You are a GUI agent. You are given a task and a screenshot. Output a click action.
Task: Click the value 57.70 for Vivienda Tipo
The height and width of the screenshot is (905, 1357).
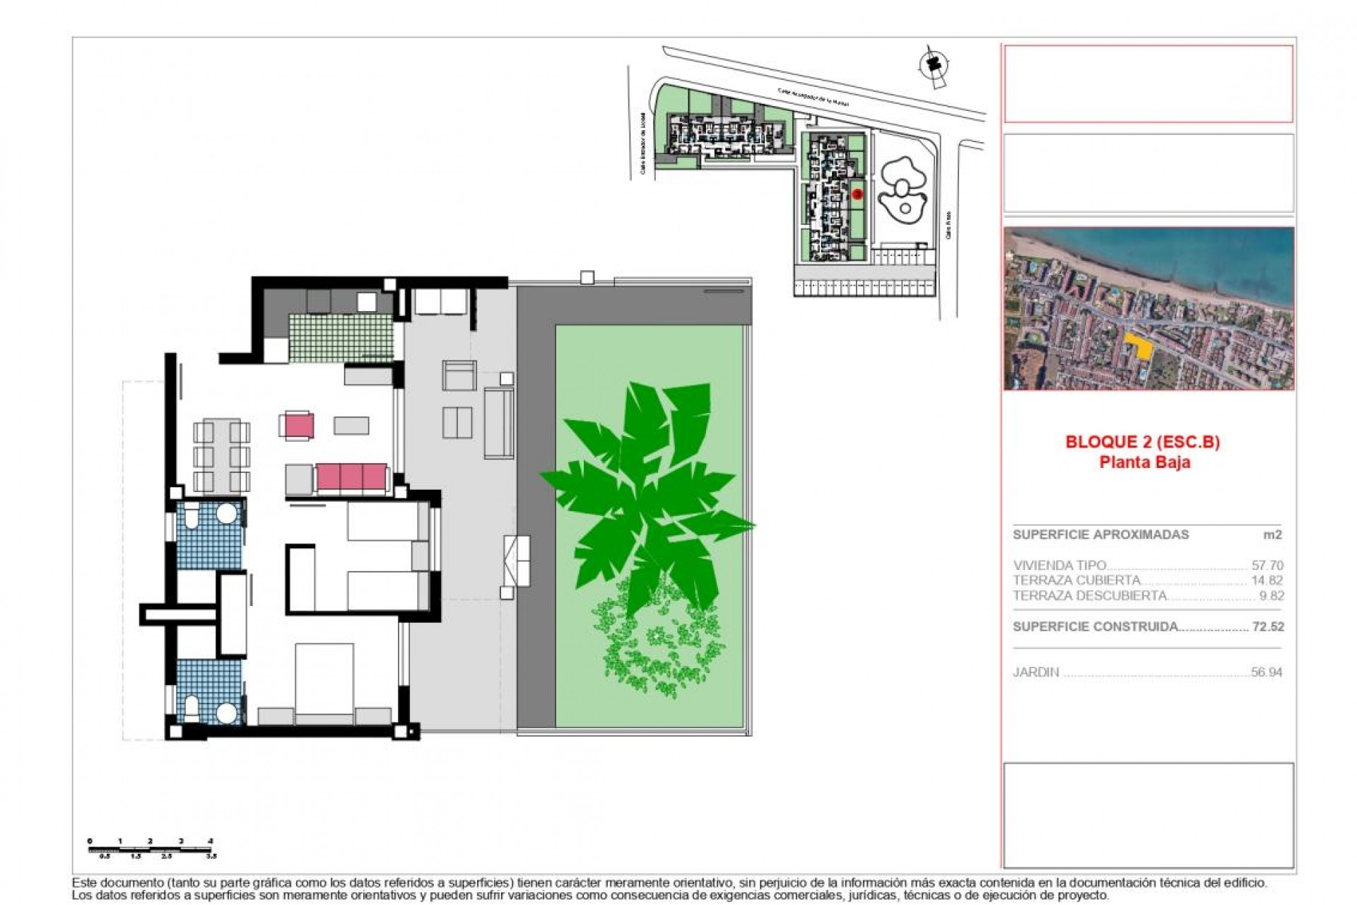tap(1267, 566)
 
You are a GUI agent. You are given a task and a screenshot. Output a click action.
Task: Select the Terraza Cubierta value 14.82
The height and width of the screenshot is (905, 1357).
tap(1267, 580)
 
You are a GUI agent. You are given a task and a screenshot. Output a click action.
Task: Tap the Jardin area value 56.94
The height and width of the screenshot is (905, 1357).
tap(1267, 672)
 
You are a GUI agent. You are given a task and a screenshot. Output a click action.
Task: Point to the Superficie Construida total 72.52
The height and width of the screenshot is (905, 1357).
tap(1268, 626)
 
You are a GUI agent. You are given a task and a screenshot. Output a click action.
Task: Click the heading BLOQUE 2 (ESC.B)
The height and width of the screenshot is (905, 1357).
tap(1143, 443)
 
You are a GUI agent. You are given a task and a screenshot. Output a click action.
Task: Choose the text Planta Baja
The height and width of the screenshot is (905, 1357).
tap(1144, 462)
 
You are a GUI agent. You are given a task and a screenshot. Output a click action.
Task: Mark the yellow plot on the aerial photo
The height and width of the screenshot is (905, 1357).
tap(1137, 346)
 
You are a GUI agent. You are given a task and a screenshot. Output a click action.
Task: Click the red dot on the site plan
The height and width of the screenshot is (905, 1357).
tap(857, 193)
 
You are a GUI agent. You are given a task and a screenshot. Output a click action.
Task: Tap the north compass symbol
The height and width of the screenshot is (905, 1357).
tap(932, 64)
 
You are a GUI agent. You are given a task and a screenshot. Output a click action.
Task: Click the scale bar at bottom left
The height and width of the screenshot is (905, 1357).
tap(151, 849)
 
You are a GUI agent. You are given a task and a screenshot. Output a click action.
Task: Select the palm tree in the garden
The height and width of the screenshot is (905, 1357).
tap(650, 495)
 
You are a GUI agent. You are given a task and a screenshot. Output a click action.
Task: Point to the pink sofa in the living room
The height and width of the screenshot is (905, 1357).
tap(352, 478)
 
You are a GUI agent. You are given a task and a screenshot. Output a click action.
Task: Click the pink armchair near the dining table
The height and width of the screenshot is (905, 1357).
tap(299, 426)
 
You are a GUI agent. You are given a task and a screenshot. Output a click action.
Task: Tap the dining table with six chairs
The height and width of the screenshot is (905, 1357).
tap(222, 456)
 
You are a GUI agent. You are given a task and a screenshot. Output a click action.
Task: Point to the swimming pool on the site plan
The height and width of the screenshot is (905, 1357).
tap(901, 189)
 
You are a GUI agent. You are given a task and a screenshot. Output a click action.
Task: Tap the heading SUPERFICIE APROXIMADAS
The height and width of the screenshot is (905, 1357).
tap(1100, 535)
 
